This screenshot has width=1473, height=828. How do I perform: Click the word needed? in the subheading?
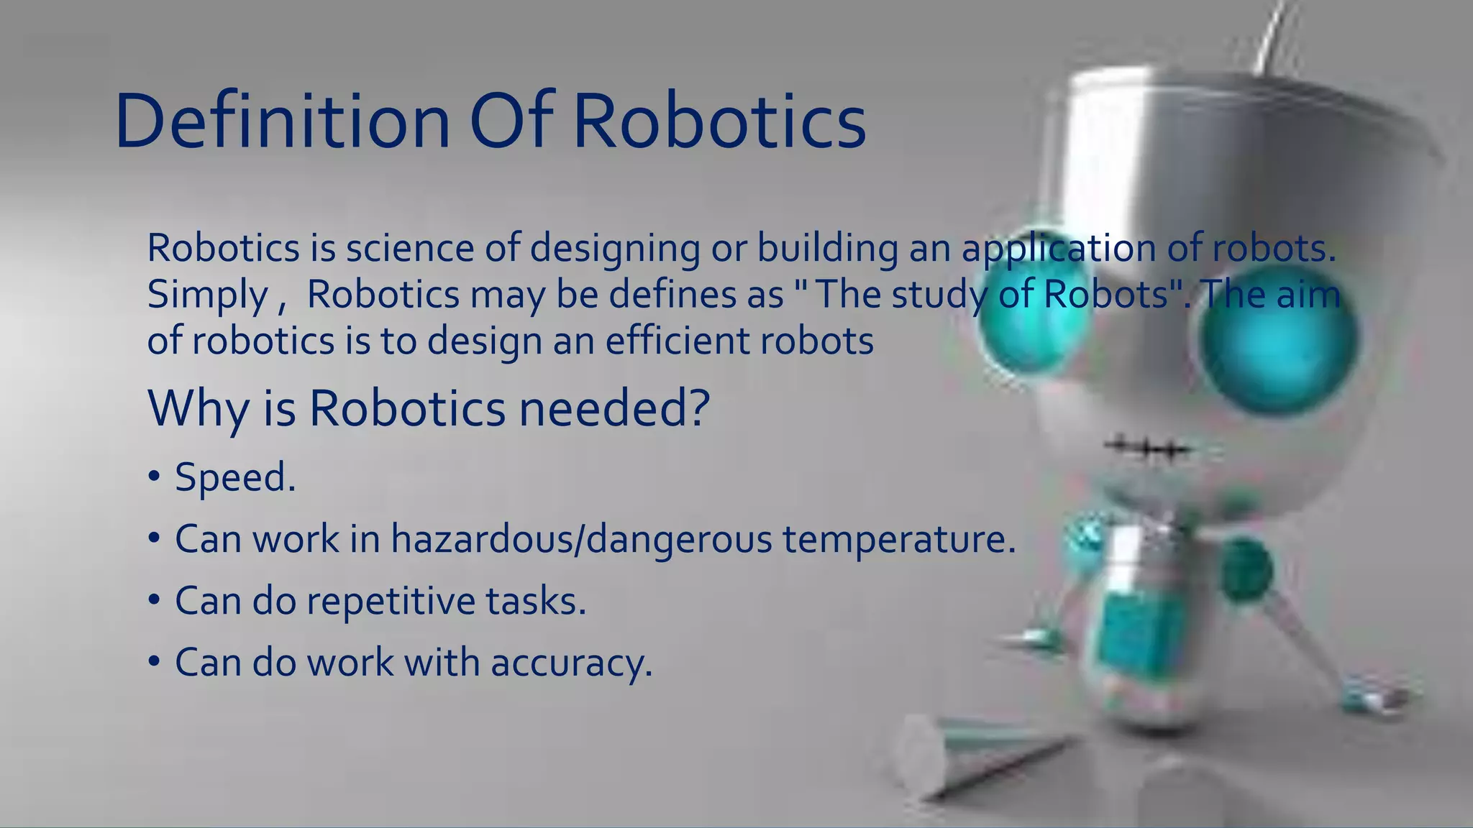(x=614, y=408)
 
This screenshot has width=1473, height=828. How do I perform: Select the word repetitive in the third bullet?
(x=391, y=601)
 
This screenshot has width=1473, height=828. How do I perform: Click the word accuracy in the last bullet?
(x=571, y=663)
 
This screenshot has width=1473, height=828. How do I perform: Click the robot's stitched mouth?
(x=1148, y=450)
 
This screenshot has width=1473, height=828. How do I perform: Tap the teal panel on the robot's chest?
(x=1136, y=632)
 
